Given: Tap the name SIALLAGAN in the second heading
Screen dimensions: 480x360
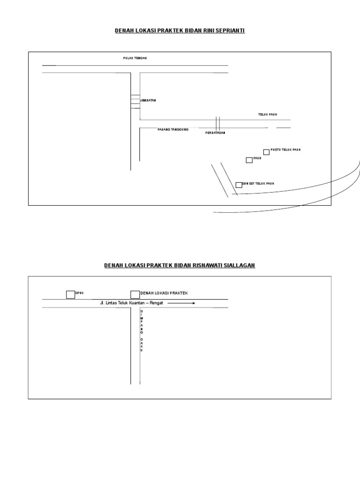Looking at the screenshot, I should click(239, 265).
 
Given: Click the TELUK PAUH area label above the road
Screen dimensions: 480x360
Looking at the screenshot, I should click(267, 114).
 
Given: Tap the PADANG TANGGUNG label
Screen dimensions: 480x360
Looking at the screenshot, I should click(172, 129).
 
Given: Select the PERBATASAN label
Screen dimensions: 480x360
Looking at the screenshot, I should click(216, 133).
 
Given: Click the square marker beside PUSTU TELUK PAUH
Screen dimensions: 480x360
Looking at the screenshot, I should click(266, 152).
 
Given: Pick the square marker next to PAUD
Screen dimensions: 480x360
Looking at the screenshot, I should click(249, 160).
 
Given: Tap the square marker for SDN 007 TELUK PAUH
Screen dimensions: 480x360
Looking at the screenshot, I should click(239, 185).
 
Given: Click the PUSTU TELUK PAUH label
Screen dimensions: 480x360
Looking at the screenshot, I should click(285, 150).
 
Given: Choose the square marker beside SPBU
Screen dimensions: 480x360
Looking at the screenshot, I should click(70, 294).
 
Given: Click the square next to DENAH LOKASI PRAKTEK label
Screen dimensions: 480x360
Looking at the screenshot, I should click(135, 294).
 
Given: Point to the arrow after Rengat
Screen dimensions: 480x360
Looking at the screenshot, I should click(181, 303).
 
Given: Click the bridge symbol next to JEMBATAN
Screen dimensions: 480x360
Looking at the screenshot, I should click(135, 102).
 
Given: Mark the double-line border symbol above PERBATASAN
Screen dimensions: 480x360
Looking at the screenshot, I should click(217, 123).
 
